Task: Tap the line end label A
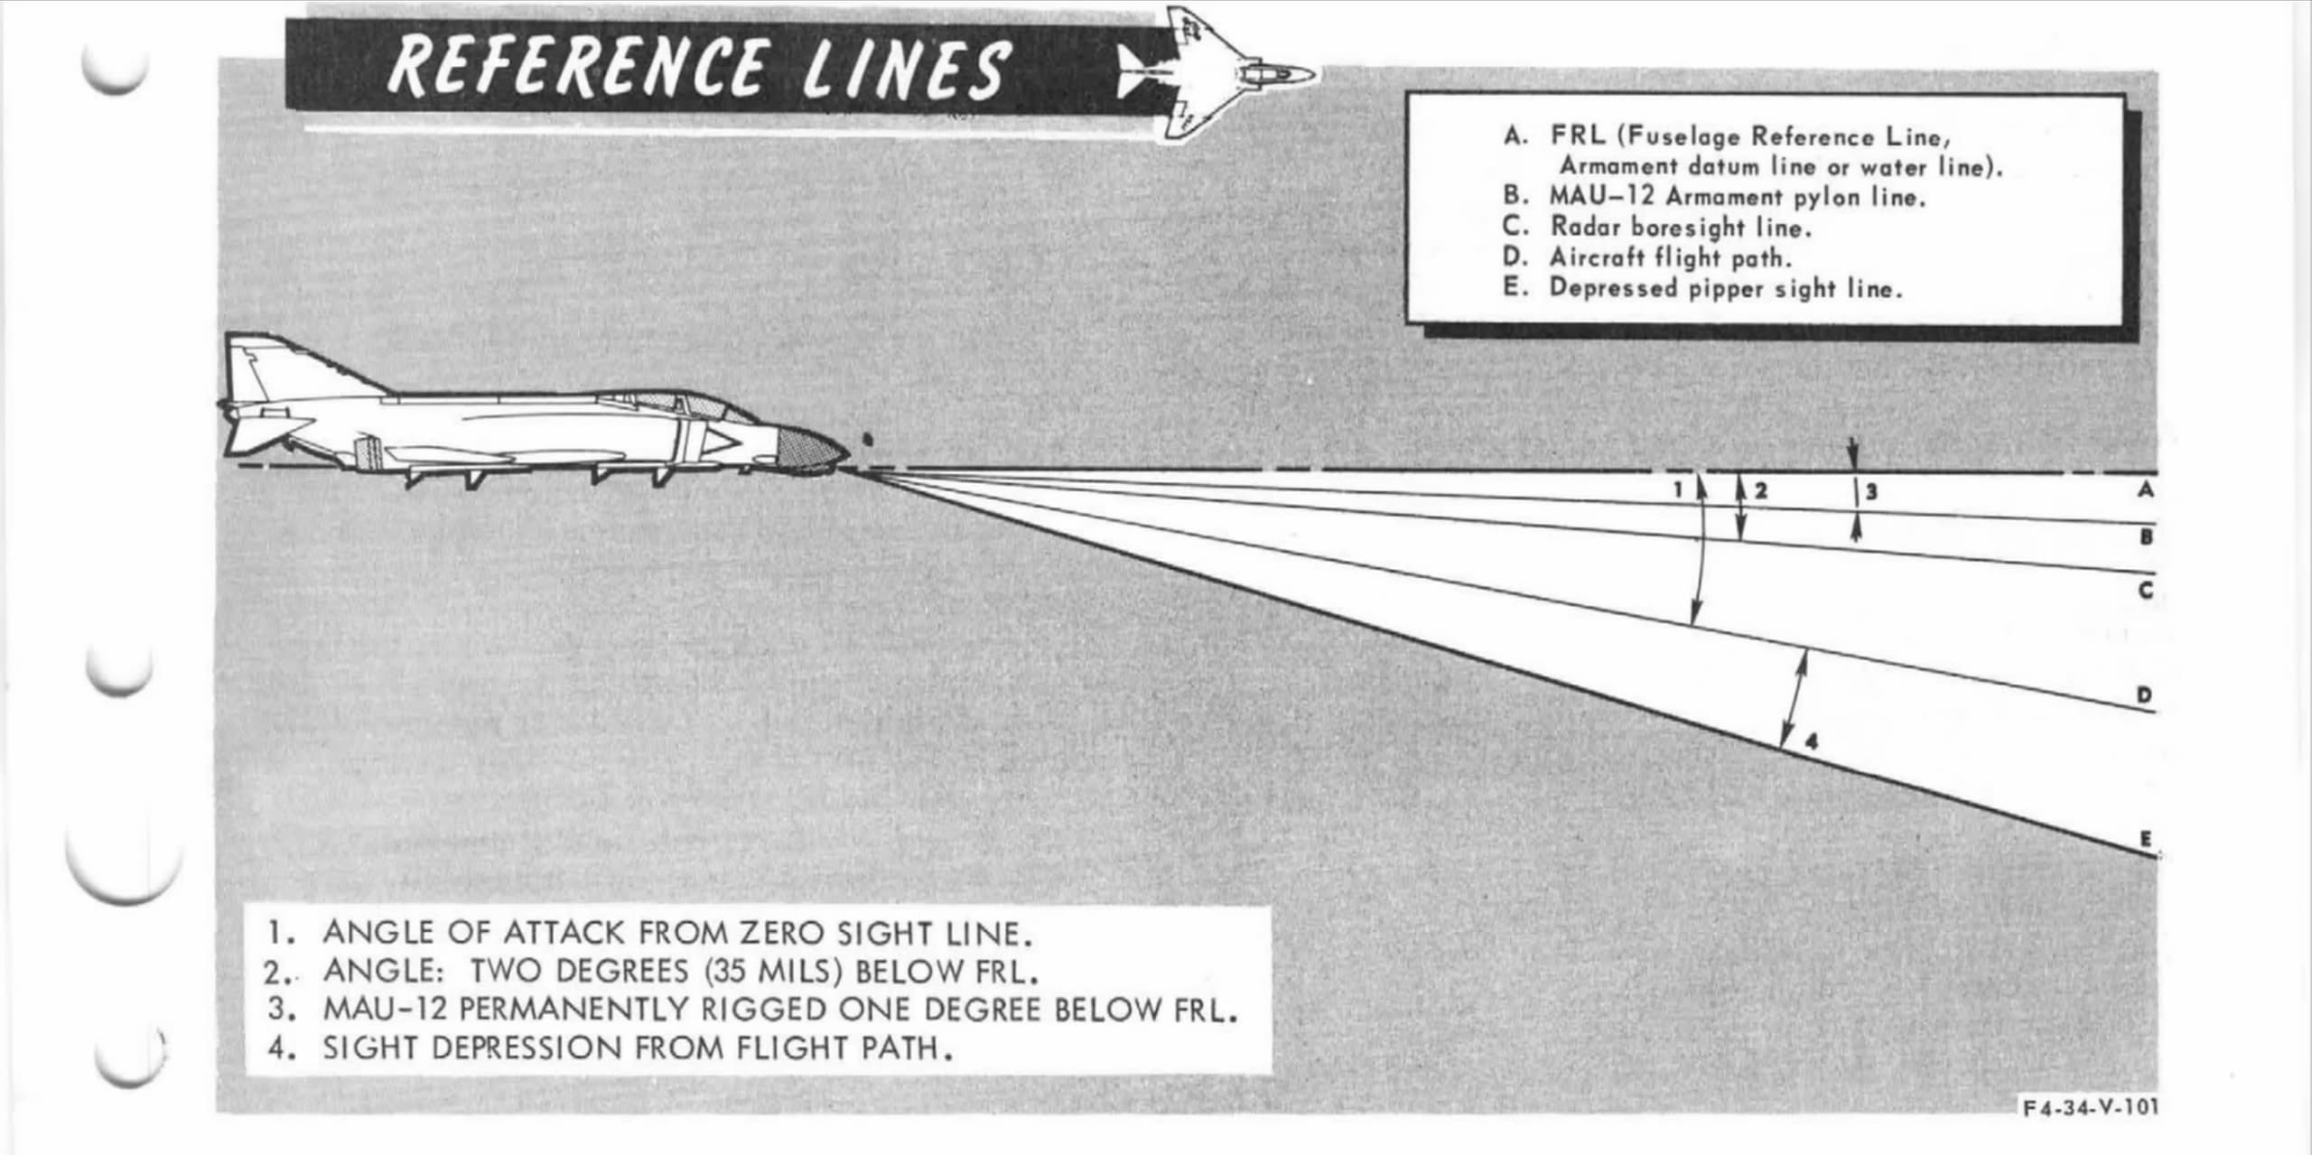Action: pos(2146,489)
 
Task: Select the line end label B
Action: pos(2147,537)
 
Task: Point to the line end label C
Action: pos(2147,591)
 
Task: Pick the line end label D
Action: pos(2145,695)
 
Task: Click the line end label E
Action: pos(2146,840)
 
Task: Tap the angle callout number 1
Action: pos(1677,490)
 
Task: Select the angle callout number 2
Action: pos(1760,491)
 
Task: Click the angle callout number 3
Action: pos(1871,492)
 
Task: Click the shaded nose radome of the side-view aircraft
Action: pos(809,451)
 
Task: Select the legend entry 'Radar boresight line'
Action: pos(1681,228)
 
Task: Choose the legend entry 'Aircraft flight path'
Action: pos(1670,258)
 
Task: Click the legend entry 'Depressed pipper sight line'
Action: pos(1725,289)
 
